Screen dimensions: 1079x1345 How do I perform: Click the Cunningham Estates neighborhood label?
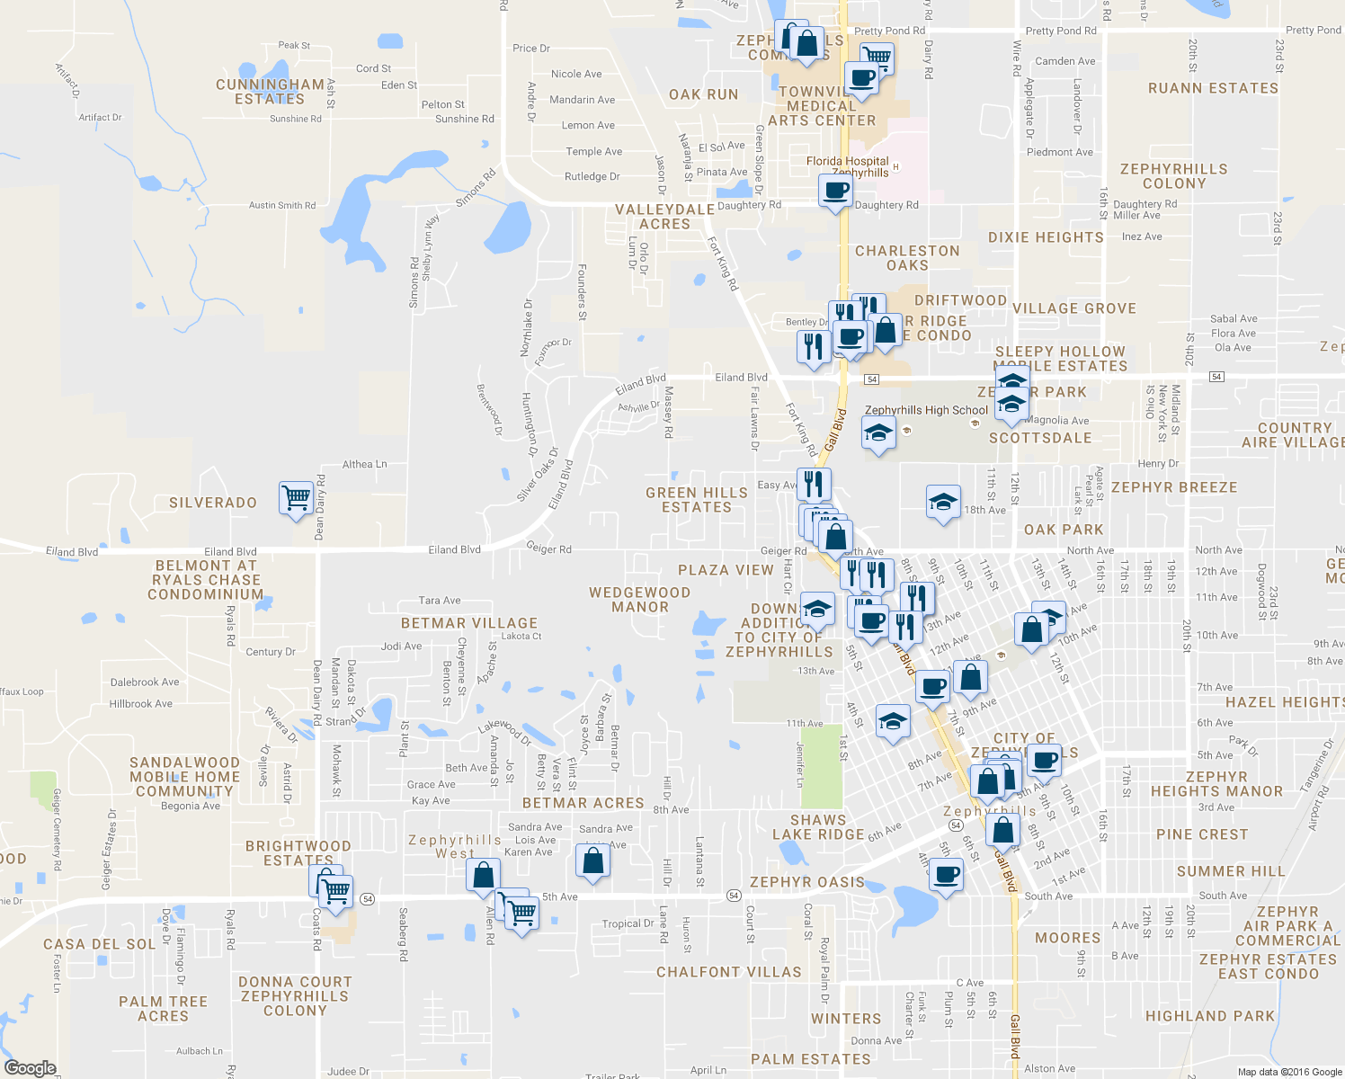(x=270, y=92)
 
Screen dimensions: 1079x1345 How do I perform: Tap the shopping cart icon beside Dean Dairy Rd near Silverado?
(x=296, y=496)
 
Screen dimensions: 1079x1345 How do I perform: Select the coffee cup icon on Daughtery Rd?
(x=835, y=191)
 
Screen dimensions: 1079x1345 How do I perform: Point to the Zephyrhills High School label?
(x=926, y=410)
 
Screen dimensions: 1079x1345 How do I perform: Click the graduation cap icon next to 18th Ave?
(x=942, y=502)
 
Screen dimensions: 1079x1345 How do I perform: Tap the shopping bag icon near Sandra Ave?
(x=592, y=861)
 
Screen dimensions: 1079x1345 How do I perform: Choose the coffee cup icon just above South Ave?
(x=946, y=873)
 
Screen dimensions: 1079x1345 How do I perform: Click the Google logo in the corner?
(x=30, y=1068)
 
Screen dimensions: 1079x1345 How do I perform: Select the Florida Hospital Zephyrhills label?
(x=848, y=167)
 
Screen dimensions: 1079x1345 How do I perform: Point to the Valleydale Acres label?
(x=664, y=217)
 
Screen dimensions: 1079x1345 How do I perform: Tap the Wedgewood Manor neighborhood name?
(x=639, y=600)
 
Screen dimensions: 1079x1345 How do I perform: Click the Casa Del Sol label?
(x=100, y=944)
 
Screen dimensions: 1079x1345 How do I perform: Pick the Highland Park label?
(x=1210, y=1016)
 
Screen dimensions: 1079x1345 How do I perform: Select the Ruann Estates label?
(x=1213, y=88)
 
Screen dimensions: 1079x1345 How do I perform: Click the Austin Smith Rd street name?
(x=282, y=205)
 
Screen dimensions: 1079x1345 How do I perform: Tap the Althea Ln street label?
(x=364, y=465)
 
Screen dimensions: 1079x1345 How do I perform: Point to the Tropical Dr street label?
(x=628, y=923)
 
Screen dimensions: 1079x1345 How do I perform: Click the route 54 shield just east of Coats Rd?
(x=368, y=898)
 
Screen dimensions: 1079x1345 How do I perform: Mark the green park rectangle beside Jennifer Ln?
(x=822, y=766)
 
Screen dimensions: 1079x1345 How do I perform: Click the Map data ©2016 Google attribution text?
(x=1289, y=1072)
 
